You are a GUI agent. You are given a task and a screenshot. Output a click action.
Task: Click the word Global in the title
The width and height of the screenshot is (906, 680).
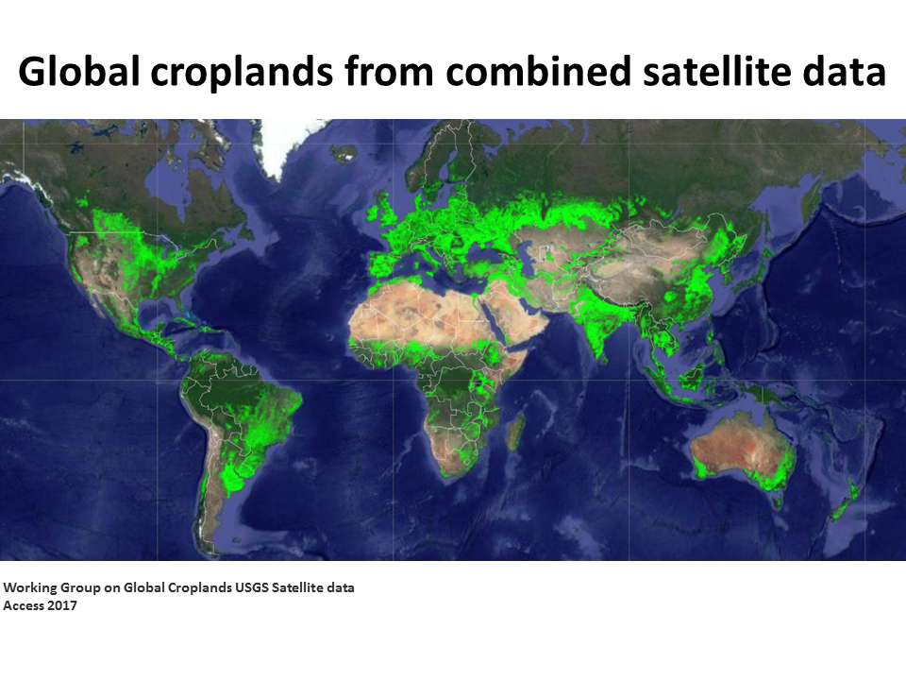79,71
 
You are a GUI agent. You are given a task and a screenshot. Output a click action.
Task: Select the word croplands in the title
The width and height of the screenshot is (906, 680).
242,73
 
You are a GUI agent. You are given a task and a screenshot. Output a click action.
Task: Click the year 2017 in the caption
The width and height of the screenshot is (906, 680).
62,605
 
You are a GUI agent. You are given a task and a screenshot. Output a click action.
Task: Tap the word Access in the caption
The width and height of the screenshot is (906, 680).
24,605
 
